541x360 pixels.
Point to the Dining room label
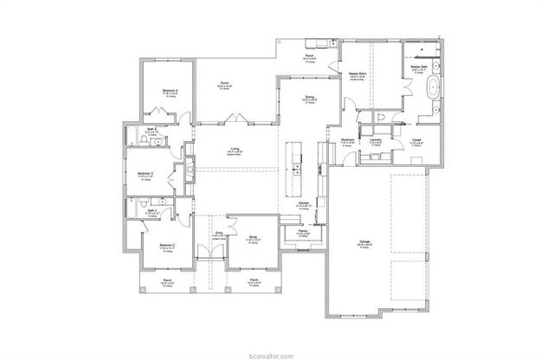309,97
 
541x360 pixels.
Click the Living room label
235,149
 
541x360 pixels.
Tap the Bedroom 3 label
145,174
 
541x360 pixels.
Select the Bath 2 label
151,210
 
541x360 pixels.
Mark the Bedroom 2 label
167,246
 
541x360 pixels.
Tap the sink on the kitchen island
296,166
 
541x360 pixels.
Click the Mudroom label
346,139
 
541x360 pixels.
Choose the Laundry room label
375,139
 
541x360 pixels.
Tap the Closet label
415,139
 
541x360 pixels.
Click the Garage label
365,241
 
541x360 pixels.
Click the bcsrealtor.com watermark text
270,355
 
